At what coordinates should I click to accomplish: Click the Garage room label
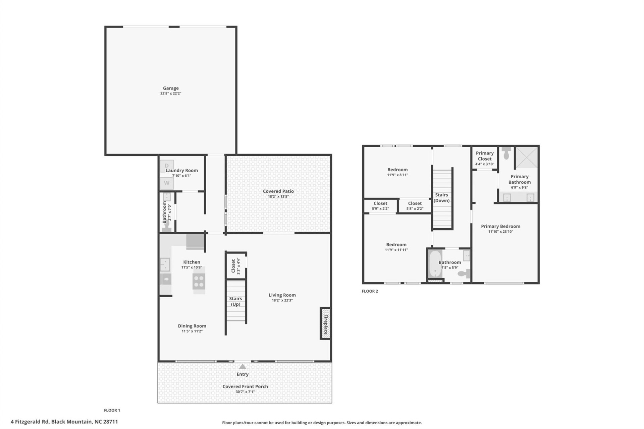point(170,88)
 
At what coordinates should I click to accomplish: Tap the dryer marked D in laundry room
point(167,166)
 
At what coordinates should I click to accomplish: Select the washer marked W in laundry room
point(167,183)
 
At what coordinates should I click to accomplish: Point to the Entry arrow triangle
point(243,366)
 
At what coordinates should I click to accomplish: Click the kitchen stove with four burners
point(199,281)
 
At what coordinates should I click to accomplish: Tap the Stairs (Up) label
point(235,301)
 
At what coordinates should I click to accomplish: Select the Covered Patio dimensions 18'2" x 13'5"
point(278,197)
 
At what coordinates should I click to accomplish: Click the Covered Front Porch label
point(245,386)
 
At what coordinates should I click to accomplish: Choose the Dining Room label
point(192,326)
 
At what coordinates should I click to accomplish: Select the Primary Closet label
point(485,156)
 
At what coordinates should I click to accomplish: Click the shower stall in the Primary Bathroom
point(527,157)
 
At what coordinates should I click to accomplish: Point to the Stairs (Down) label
point(441,198)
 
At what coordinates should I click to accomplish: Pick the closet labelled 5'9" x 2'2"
point(380,206)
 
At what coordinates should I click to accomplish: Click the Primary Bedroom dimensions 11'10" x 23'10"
point(500,232)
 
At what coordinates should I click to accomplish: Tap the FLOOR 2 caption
point(370,291)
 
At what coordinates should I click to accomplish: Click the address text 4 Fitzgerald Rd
point(30,422)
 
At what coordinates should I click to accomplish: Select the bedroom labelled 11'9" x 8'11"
point(397,172)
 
